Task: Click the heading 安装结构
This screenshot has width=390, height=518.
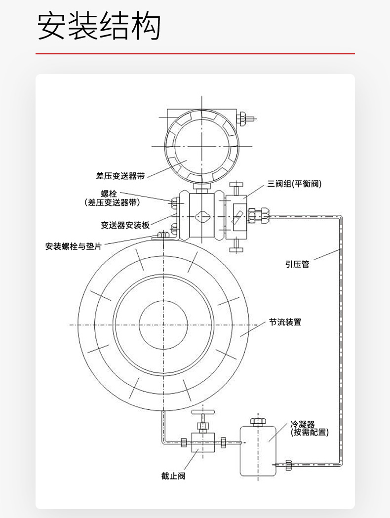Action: [x=99, y=26]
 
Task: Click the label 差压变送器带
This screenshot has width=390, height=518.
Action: [x=120, y=176]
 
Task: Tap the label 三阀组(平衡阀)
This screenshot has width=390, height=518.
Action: [x=294, y=184]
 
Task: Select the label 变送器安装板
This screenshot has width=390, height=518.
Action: [x=125, y=225]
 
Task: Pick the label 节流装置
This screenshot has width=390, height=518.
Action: [x=285, y=322]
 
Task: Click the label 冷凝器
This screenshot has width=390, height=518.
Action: [x=302, y=424]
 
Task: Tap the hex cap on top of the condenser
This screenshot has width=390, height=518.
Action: [x=258, y=421]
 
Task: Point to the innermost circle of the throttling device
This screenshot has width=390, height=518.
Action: [x=163, y=323]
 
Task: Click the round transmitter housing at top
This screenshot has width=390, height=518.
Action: [x=201, y=146]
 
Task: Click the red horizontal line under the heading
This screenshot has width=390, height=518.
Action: [x=195, y=53]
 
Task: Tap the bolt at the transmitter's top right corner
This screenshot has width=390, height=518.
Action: [x=244, y=118]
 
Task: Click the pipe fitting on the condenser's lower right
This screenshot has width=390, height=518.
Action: [x=289, y=464]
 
